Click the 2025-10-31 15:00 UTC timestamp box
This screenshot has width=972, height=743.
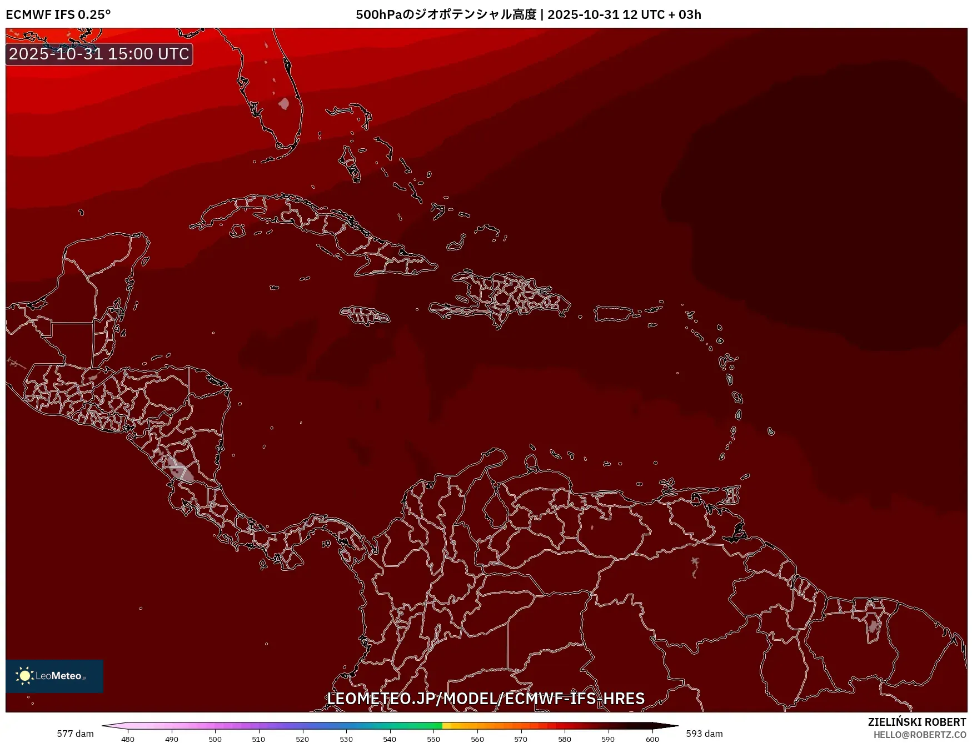click(x=99, y=54)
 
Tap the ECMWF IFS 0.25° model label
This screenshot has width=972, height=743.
click(x=58, y=14)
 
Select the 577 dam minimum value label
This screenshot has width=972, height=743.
click(x=75, y=734)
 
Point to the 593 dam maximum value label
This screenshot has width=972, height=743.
click(x=704, y=734)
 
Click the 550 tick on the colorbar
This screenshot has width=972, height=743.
click(x=433, y=739)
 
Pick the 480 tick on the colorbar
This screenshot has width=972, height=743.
click(x=128, y=739)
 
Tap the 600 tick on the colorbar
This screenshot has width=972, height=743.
click(x=652, y=739)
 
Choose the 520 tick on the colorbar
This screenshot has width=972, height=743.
click(x=302, y=739)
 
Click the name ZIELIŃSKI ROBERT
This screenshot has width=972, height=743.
click(x=917, y=722)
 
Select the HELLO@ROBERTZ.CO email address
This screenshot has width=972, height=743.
click(x=920, y=735)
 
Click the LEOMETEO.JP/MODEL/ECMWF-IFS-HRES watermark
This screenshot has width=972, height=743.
click(x=486, y=698)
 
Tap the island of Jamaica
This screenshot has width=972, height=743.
click(x=366, y=315)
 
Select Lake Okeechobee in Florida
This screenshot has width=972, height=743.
click(x=284, y=104)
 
